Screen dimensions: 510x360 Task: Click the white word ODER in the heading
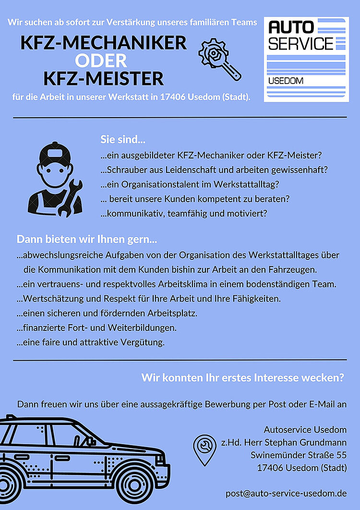(x=101, y=61)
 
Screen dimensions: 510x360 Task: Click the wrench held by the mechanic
(x=69, y=197)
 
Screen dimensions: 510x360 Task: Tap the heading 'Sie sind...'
(x=123, y=140)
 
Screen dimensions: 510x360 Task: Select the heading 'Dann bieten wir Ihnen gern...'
(x=87, y=239)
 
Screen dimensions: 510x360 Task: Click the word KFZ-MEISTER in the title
(x=104, y=78)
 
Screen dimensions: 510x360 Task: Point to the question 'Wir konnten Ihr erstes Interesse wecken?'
(x=242, y=378)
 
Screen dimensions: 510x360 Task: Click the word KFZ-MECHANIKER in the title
(x=104, y=43)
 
